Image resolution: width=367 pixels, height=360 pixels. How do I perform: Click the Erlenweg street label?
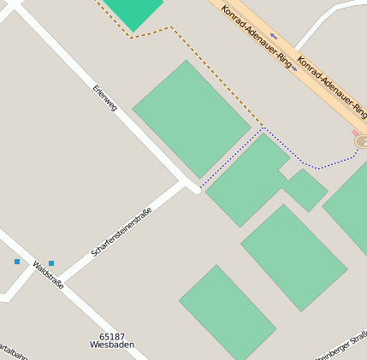[x=104, y=97]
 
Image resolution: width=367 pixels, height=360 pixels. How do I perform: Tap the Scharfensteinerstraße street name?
[x=121, y=232]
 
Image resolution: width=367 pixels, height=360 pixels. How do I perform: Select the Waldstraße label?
[x=48, y=275]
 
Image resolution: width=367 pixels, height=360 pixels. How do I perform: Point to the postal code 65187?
[x=111, y=337]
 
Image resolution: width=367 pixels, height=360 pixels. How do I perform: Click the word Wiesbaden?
[x=111, y=345]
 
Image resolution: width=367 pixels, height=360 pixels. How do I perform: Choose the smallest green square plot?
[x=305, y=190]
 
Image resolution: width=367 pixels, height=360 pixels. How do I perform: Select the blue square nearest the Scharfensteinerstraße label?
[x=51, y=263]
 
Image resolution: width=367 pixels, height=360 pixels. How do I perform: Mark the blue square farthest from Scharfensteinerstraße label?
[x=17, y=262]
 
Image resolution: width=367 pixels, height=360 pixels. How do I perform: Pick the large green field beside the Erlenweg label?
[x=192, y=119]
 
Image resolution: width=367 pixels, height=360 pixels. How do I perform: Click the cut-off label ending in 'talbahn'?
[x=14, y=351]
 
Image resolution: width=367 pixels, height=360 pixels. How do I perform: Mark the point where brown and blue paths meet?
[x=263, y=127]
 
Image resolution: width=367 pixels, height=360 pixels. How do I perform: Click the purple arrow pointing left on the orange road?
[x=274, y=36]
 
